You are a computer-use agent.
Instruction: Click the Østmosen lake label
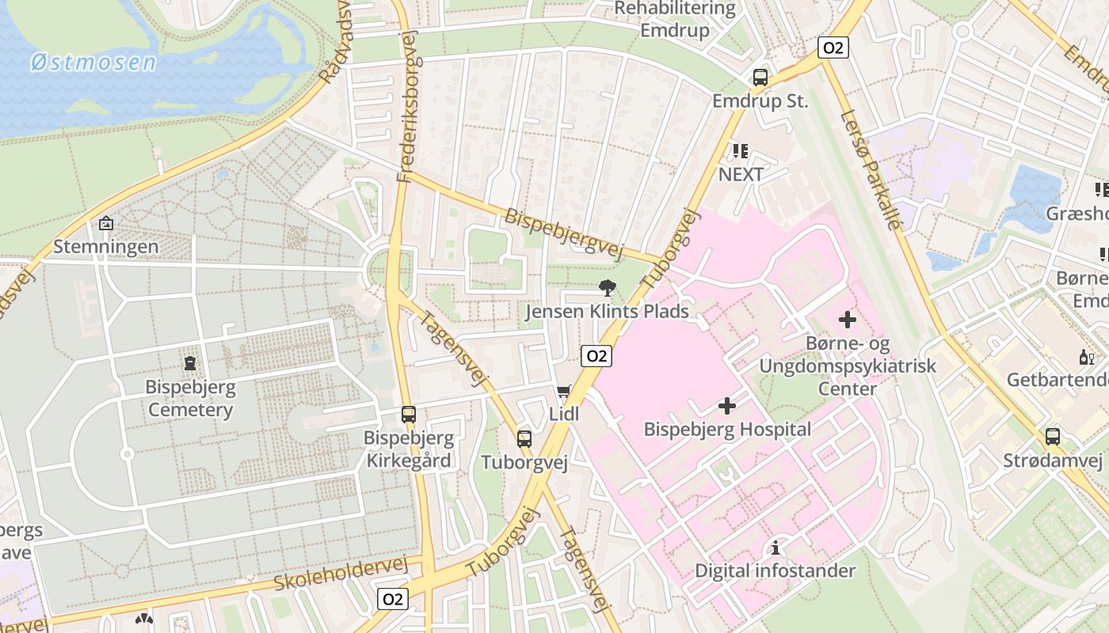pyautogui.click(x=93, y=63)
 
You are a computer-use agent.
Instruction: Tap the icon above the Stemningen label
pyautogui.click(x=105, y=224)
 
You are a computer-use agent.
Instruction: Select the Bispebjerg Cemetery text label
pyautogui.click(x=190, y=399)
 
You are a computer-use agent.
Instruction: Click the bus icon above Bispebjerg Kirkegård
pyautogui.click(x=408, y=414)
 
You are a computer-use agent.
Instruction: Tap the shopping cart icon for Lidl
pyautogui.click(x=563, y=391)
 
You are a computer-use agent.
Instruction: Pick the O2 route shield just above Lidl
pyautogui.click(x=596, y=356)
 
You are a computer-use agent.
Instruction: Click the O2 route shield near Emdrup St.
pyautogui.click(x=833, y=47)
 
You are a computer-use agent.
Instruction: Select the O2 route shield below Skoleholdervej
pyautogui.click(x=392, y=599)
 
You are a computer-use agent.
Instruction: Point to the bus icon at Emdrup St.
pyautogui.click(x=760, y=78)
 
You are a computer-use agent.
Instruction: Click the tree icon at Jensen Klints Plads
pyautogui.click(x=608, y=288)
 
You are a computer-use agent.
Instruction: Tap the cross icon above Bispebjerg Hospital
pyautogui.click(x=726, y=407)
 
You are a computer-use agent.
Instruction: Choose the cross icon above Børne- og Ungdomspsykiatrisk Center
pyautogui.click(x=847, y=320)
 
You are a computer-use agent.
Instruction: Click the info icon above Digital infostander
pyautogui.click(x=775, y=548)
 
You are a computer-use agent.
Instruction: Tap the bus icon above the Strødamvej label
pyautogui.click(x=1052, y=436)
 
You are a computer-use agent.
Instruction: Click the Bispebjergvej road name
pyautogui.click(x=564, y=233)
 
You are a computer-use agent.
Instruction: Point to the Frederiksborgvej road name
pyautogui.click(x=406, y=107)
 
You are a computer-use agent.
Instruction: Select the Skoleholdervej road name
pyautogui.click(x=341, y=574)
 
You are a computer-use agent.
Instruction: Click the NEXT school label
pyautogui.click(x=741, y=174)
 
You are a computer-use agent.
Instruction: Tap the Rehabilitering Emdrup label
pyautogui.click(x=675, y=21)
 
